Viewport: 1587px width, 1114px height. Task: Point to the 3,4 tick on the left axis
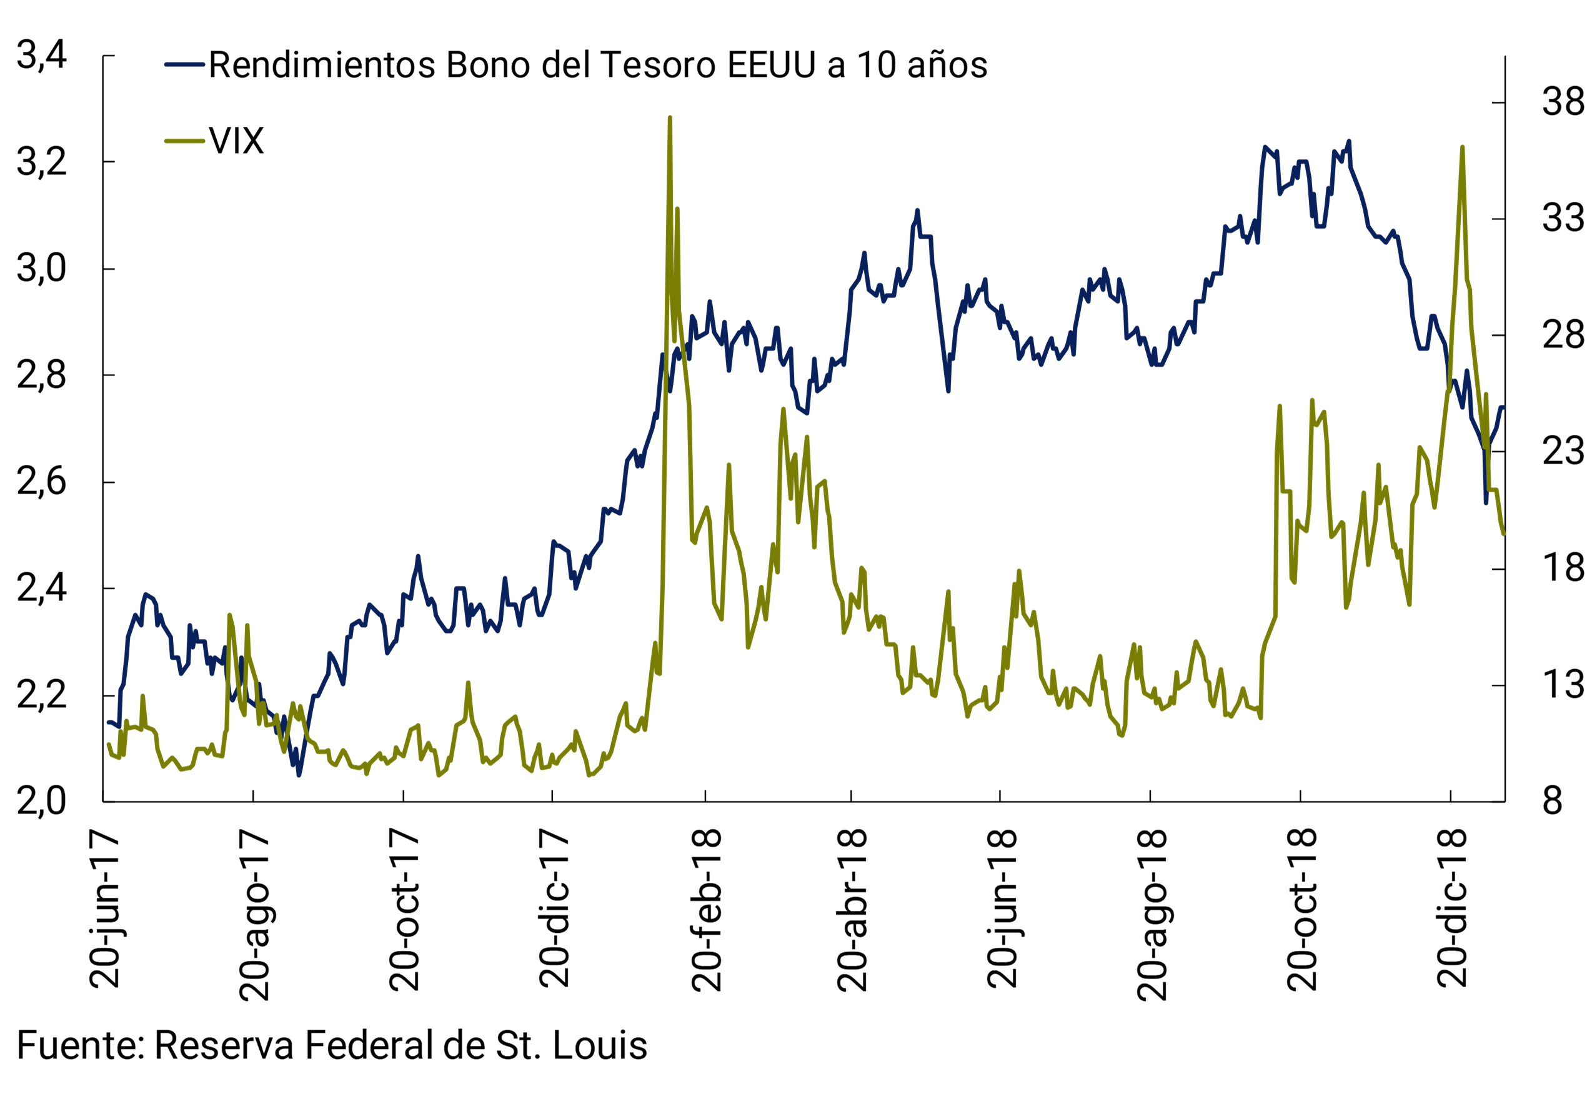click(41, 54)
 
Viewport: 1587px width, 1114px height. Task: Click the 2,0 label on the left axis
click(41, 801)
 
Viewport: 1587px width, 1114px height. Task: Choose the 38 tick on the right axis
click(1561, 102)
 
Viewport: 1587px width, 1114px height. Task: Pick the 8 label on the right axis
click(1552, 801)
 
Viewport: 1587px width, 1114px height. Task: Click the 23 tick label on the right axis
click(1561, 452)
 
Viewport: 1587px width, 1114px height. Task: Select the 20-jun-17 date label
click(105, 910)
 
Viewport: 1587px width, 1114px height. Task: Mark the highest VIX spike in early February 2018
click(670, 118)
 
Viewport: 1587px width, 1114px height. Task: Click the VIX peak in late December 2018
click(1462, 147)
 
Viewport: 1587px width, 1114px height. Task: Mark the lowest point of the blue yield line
click(299, 775)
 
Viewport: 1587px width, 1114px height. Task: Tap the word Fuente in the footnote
click(77, 1045)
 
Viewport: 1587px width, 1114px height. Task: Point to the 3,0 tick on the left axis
click(41, 268)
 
